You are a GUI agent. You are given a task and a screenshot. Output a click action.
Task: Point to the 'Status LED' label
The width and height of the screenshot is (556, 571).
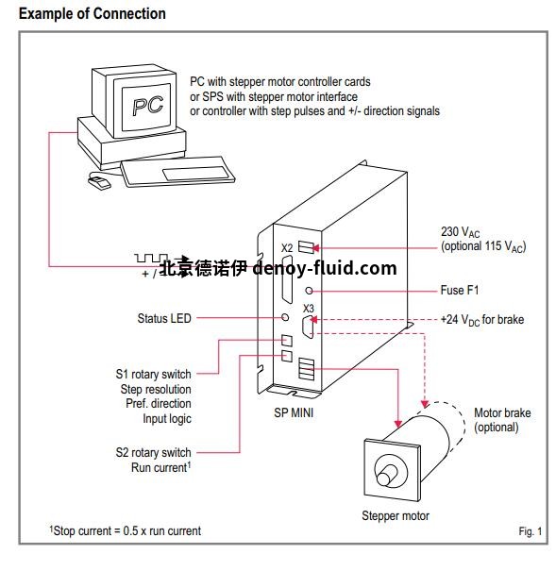(163, 318)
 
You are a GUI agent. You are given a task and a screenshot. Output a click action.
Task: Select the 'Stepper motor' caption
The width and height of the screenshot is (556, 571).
(395, 515)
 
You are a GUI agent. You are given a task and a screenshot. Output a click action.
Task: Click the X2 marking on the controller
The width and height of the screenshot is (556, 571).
(287, 247)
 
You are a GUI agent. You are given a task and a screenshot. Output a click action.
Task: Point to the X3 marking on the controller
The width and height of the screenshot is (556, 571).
(308, 309)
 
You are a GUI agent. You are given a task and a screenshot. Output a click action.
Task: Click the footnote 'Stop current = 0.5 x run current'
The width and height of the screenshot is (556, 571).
(126, 530)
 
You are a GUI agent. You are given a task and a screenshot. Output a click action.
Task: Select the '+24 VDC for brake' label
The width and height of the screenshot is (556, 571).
(481, 319)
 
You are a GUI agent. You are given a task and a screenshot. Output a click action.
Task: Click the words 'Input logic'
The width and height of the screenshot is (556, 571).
(166, 417)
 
